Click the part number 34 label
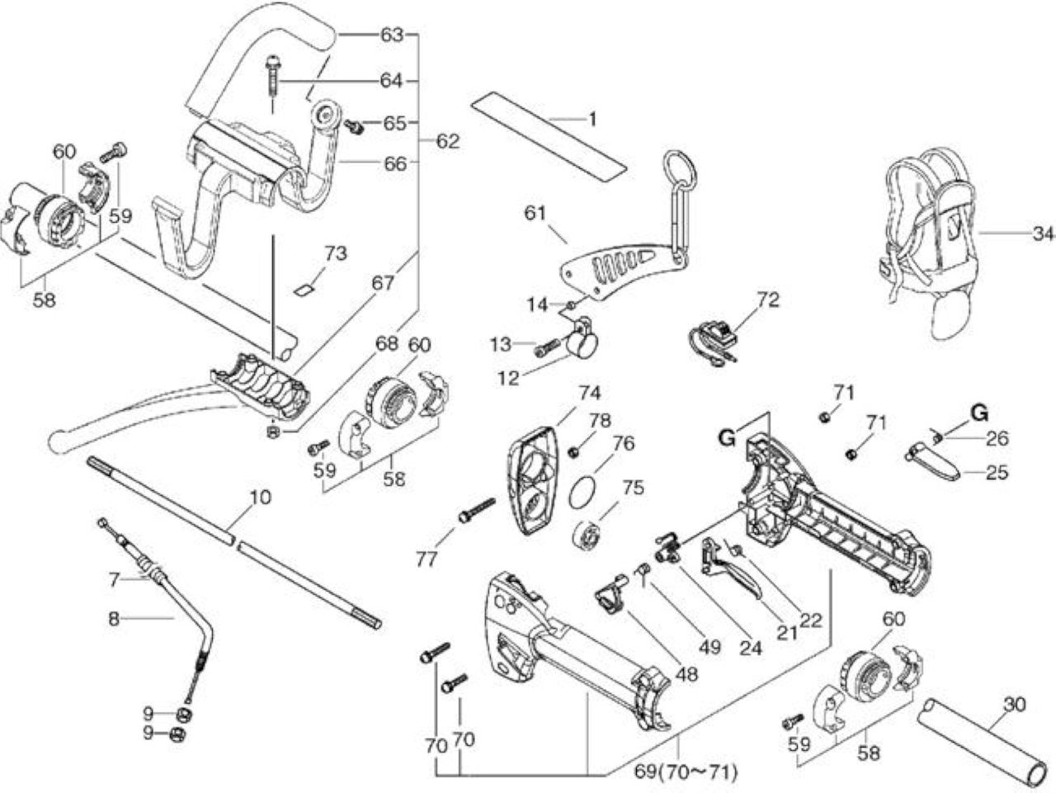point(1043,234)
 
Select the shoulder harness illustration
point(926,241)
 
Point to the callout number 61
point(535,213)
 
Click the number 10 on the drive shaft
point(260,497)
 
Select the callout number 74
point(589,393)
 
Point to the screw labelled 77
point(477,511)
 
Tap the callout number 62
point(448,141)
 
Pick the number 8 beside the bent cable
point(114,618)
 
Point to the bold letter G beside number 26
point(979,413)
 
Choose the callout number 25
point(996,472)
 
